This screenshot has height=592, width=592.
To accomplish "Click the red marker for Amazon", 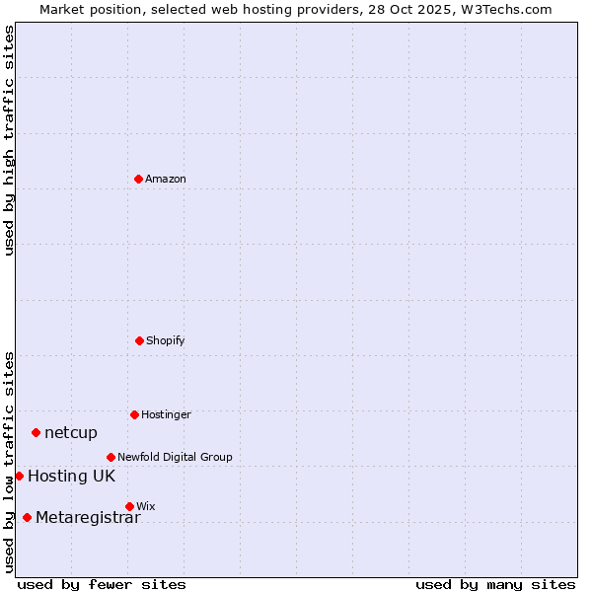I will [139, 179].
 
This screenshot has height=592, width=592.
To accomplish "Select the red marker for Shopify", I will [139, 340].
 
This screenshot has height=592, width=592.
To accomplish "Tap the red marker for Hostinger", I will [134, 414].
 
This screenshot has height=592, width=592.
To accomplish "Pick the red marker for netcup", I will [37, 432].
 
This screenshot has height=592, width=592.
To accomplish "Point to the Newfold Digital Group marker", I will [111, 457].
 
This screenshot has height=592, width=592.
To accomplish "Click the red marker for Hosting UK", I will [19, 476].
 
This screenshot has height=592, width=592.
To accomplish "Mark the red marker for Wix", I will [129, 506].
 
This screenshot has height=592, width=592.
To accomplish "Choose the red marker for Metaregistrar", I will [27, 517].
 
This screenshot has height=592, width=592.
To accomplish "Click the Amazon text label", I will [166, 180].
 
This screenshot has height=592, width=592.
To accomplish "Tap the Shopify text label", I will [166, 341].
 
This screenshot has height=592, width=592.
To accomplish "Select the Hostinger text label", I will [166, 415].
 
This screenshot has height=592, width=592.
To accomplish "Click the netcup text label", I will [71, 433].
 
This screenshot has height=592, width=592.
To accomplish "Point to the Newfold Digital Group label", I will [175, 458].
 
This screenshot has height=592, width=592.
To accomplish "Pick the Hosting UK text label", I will [71, 477].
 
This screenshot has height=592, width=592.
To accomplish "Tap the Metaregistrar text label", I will [88, 518].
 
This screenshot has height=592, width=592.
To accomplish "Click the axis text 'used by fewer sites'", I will [102, 585].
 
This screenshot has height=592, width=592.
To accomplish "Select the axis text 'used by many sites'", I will [495, 585].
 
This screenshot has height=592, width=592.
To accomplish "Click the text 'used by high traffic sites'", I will [10, 140].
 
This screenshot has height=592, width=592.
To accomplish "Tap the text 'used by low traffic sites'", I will [10, 461].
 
